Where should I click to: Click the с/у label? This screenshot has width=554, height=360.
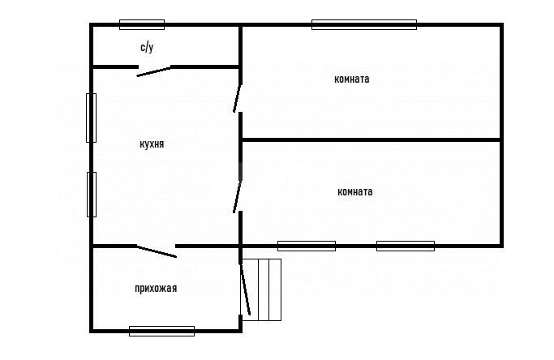pyautogui.click(x=147, y=47)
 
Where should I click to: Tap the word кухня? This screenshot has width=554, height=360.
pyautogui.click(x=152, y=144)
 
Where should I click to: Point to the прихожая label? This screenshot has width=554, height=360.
pyautogui.click(x=156, y=289)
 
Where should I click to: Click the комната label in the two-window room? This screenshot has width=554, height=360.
pyautogui.click(x=354, y=191)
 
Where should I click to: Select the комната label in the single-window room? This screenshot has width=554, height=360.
pyautogui.click(x=351, y=79)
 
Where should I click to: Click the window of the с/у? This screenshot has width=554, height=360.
pyautogui.click(x=142, y=25)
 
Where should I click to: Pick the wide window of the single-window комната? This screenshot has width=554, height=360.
pyautogui.click(x=364, y=25)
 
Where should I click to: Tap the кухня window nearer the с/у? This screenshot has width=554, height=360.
pyautogui.click(x=91, y=118)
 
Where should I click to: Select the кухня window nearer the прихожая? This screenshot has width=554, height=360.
pyautogui.click(x=92, y=195)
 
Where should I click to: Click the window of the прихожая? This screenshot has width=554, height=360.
pyautogui.click(x=161, y=331)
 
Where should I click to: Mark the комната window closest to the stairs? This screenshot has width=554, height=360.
pyautogui.click(x=307, y=246)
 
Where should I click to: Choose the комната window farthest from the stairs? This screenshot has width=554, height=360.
pyautogui.click(x=406, y=246)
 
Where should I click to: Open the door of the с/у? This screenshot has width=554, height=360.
pyautogui.click(x=154, y=71)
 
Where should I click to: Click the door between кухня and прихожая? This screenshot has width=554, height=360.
pyautogui.click(x=157, y=251)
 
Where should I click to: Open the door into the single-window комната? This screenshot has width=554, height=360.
pyautogui.click(x=238, y=98)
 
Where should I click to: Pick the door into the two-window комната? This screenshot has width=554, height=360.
pyautogui.click(x=237, y=196)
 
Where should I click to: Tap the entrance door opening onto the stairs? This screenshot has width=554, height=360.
pyautogui.click(x=245, y=289)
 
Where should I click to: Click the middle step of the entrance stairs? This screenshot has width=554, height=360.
pyautogui.click(x=264, y=289)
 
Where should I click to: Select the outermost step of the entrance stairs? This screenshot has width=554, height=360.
pyautogui.click(x=275, y=289)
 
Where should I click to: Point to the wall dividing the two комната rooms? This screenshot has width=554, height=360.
pyautogui.click(x=371, y=140)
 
